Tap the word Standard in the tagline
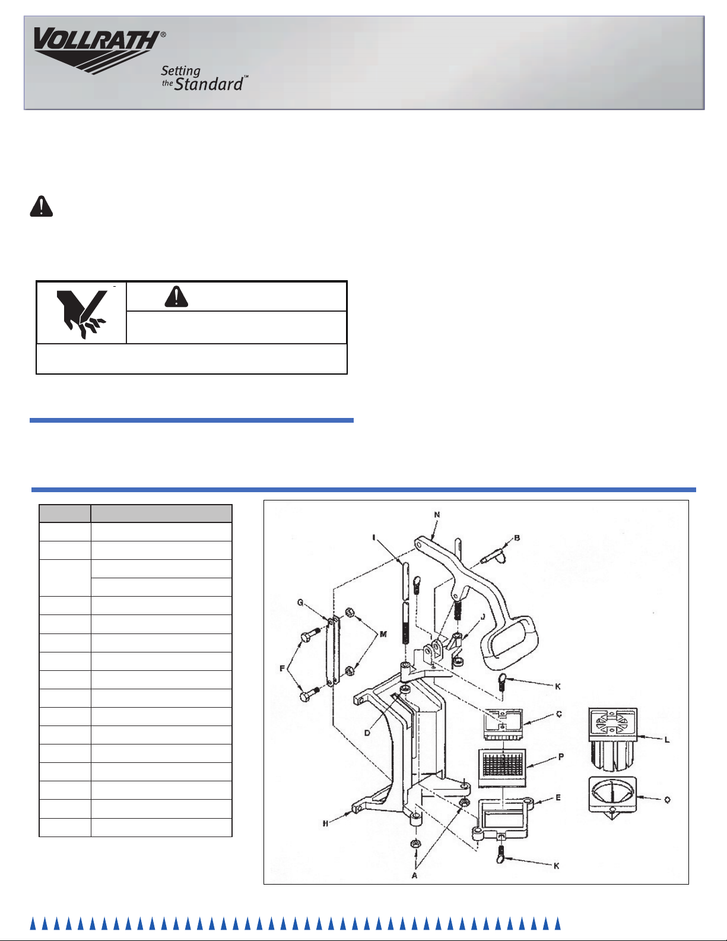click(208, 84)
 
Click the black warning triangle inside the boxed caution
click(176, 297)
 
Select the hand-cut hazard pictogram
click(82, 313)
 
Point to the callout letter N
click(437, 515)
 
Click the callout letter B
click(517, 538)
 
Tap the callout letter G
click(300, 603)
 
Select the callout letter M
click(383, 635)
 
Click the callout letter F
click(282, 668)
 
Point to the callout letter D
click(367, 733)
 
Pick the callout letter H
click(325, 823)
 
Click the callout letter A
click(414, 875)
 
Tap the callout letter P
click(561, 756)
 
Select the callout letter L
click(667, 740)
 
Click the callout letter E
click(558, 797)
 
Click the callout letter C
click(558, 714)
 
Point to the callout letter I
click(374, 538)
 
